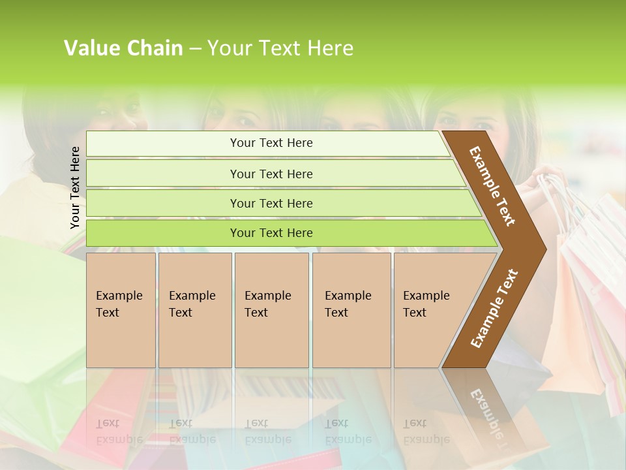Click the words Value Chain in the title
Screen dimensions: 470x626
coord(123,48)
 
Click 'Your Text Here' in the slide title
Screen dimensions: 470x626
coord(280,48)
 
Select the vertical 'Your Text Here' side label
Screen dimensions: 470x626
coord(75,187)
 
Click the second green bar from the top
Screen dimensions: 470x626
coord(271,174)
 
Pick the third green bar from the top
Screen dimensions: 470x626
coord(271,203)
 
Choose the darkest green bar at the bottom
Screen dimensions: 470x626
coord(271,233)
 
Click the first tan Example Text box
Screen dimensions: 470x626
coord(121,310)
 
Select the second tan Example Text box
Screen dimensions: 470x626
coord(194,310)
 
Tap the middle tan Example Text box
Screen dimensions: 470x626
coord(271,310)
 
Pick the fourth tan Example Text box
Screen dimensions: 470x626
coord(351,310)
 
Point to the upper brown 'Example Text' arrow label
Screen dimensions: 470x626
coord(492,186)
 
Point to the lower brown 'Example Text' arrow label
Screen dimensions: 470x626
coord(494,309)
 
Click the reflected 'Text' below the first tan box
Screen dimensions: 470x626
coord(108,423)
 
